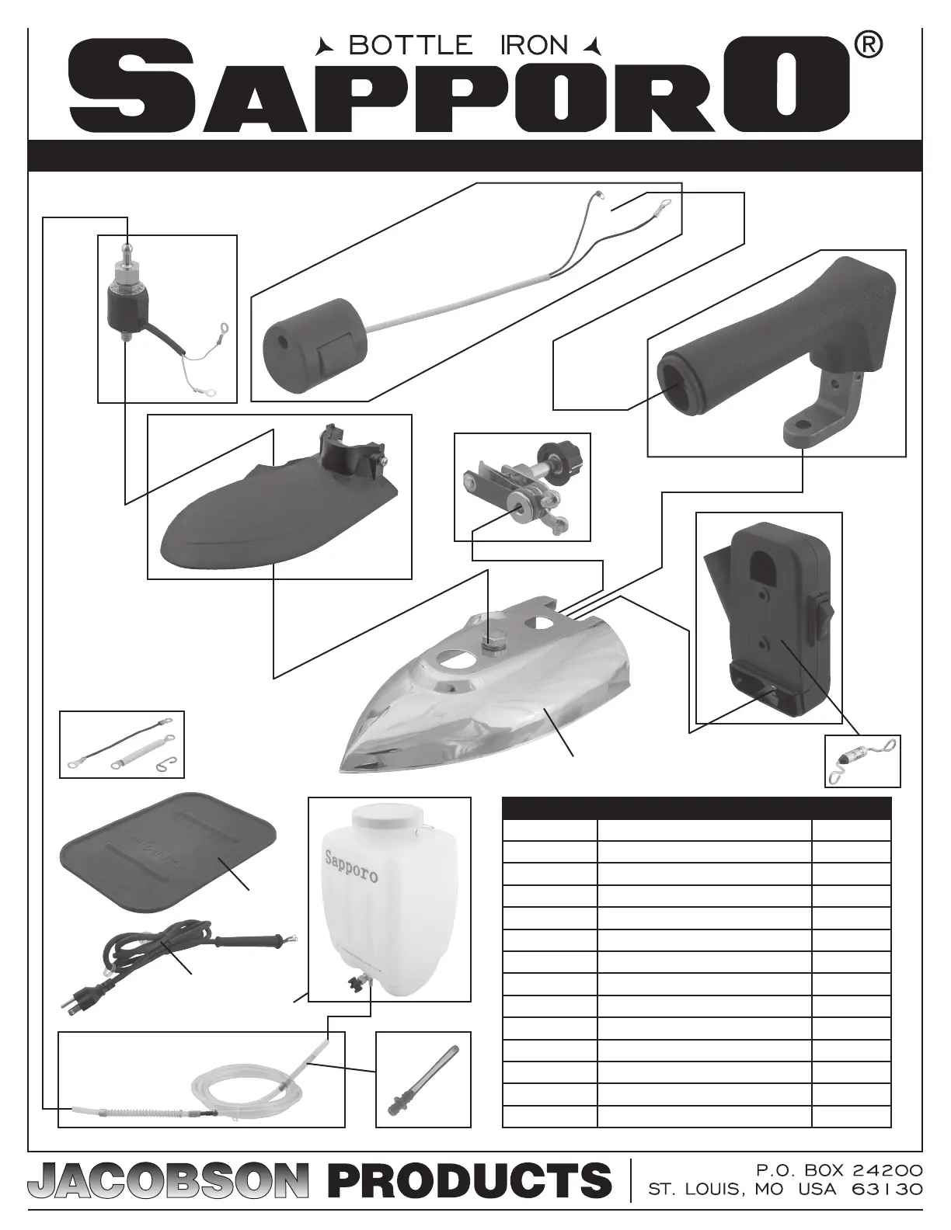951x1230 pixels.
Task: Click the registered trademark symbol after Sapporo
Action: (x=868, y=46)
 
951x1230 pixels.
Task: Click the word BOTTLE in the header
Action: (x=410, y=46)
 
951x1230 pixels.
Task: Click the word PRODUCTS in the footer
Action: (x=469, y=1180)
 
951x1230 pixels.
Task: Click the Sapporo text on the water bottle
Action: (x=351, y=866)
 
